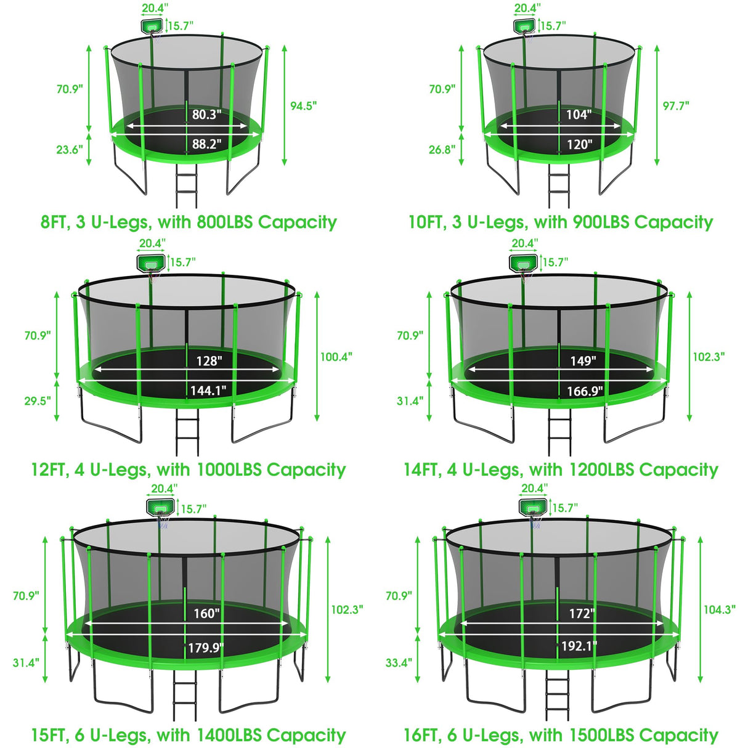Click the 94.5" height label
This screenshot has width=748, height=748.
[x=303, y=106]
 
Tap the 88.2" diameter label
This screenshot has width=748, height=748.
[x=206, y=144]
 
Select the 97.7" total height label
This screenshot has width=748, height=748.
[x=675, y=106]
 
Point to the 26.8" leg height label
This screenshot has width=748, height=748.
[x=442, y=150]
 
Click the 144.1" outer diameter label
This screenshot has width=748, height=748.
[x=208, y=391]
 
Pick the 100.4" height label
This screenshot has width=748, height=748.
[x=336, y=357]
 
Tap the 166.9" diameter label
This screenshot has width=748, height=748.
[x=585, y=391]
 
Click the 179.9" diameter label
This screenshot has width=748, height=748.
[x=205, y=648]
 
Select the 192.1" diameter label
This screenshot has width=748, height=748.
[x=579, y=646]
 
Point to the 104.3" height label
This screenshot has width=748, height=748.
[x=719, y=609]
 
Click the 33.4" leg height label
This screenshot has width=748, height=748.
[x=399, y=663]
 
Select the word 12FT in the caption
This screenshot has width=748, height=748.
[x=49, y=470]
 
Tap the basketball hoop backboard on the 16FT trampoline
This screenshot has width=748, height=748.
[x=533, y=508]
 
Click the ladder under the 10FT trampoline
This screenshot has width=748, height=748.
[x=559, y=188]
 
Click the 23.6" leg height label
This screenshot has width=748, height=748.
[x=69, y=150]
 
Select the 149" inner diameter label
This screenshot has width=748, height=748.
[x=582, y=361]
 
